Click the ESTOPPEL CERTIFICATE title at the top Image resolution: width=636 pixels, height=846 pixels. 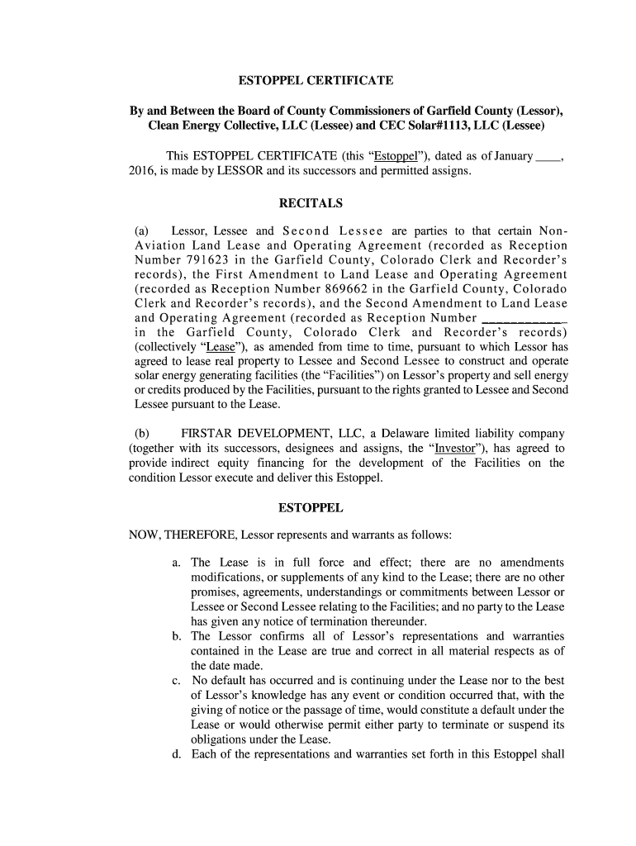[x=316, y=81]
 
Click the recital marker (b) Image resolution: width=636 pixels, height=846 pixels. [x=141, y=433]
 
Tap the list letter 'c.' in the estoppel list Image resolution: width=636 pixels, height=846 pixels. [x=177, y=681]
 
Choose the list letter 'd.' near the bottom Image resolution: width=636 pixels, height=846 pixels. [x=177, y=753]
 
